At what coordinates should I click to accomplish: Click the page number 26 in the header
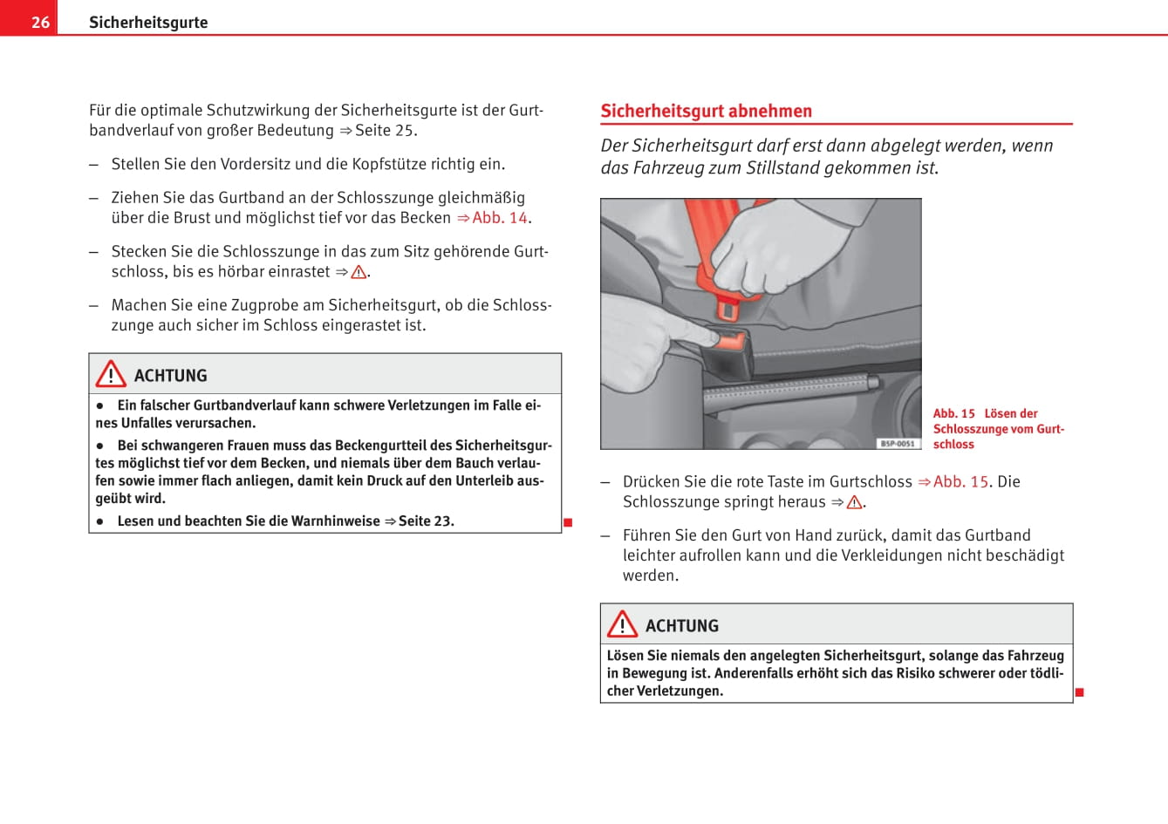coord(40,22)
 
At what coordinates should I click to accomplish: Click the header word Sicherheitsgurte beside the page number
coord(148,22)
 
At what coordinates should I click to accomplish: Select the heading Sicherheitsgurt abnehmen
coord(706,111)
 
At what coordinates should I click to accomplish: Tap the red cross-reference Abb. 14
coord(500,217)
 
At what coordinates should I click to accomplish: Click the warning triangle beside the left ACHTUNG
coord(111,375)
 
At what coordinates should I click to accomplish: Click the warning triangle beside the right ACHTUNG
coord(622,624)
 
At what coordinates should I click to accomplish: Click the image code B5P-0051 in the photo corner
coord(898,443)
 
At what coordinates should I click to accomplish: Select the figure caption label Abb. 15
coord(953,413)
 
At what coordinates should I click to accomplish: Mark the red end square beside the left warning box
coord(568,522)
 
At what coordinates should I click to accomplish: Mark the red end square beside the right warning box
coord(1079,692)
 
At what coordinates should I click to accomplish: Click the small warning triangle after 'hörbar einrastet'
coord(359,272)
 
